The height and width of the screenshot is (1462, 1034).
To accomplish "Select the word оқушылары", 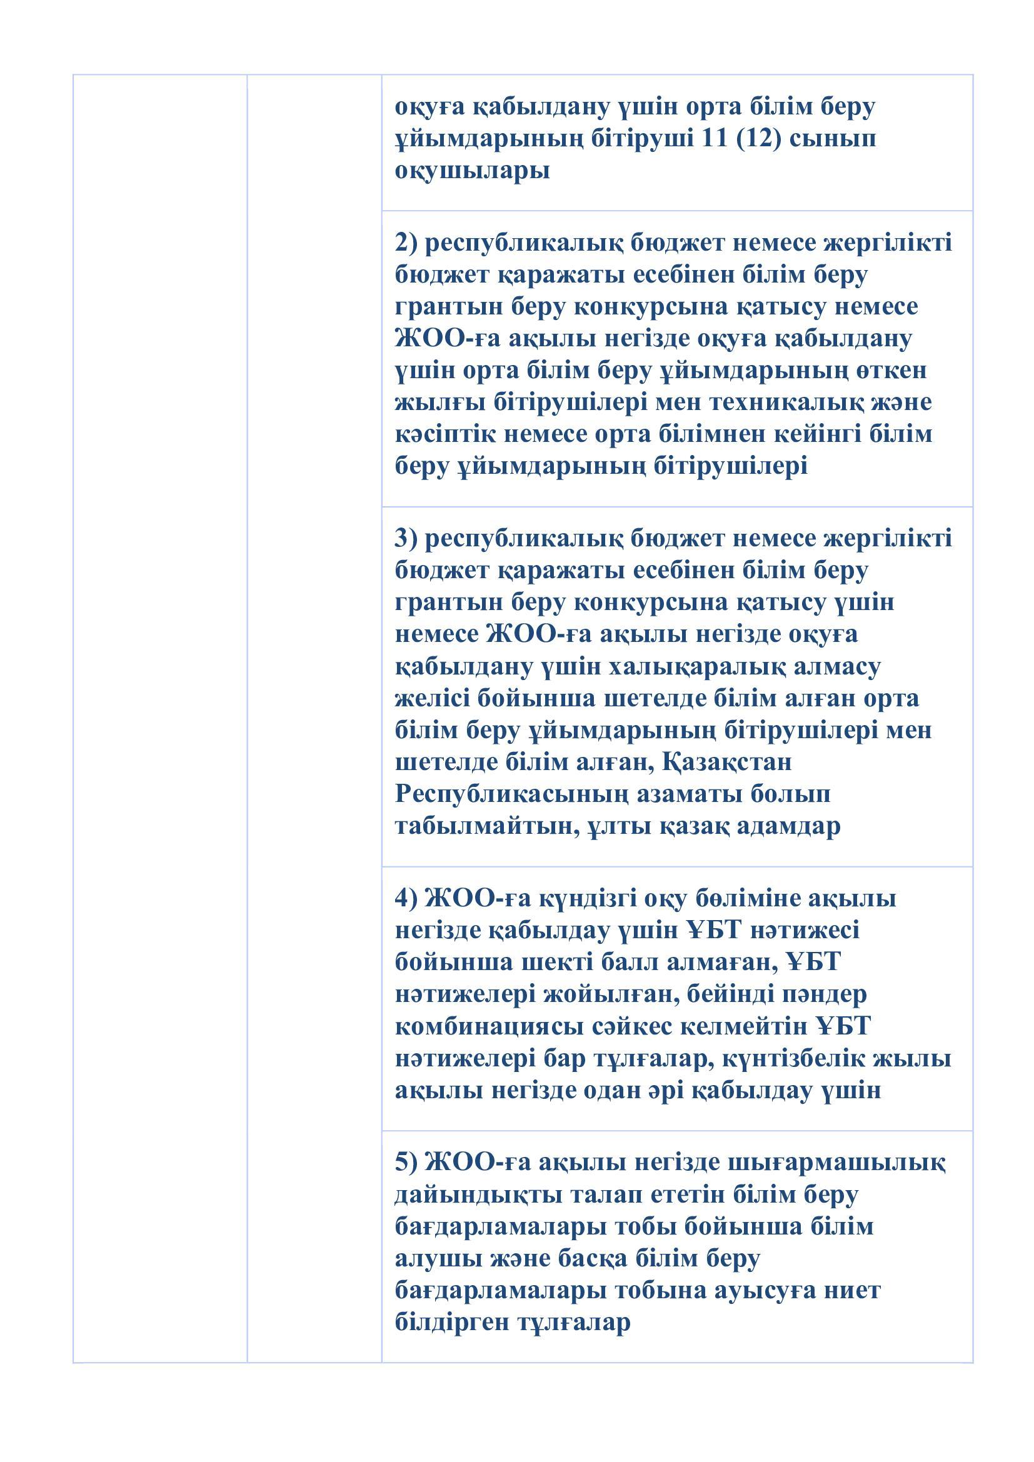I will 472,171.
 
